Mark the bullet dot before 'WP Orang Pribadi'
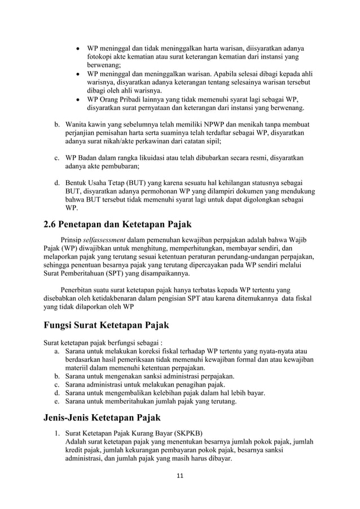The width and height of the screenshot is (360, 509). [x=77, y=99]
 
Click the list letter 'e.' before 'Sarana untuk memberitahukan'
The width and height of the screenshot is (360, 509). [x=57, y=402]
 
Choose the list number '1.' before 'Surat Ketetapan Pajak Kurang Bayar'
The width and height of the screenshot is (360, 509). [x=58, y=435]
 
